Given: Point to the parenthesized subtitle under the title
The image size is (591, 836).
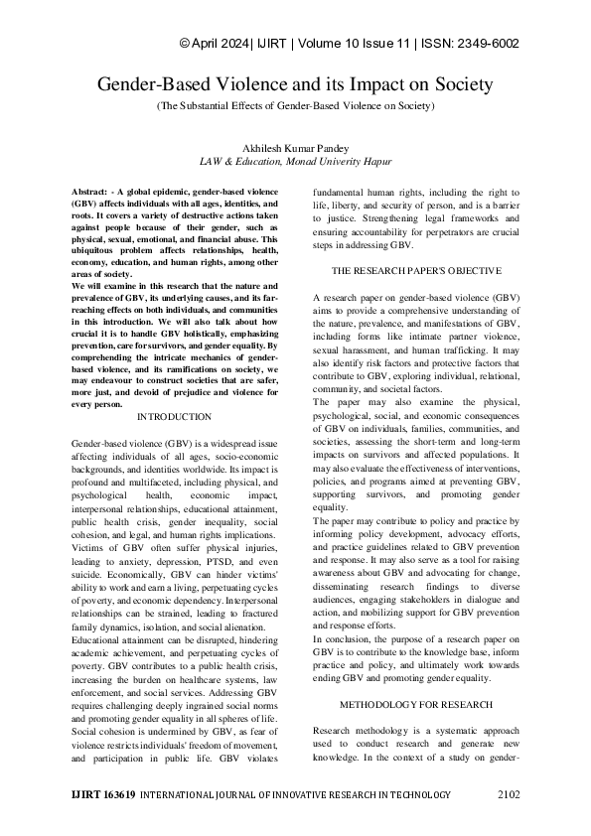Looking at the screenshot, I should [x=295, y=104].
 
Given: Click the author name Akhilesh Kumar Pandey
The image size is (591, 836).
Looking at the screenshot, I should [x=295, y=146].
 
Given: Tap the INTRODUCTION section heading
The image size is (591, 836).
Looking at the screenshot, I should [x=174, y=417].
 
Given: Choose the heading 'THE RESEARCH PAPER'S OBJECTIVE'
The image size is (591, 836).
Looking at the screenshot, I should [x=416, y=270].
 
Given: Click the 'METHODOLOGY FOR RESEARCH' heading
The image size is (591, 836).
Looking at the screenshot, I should [x=416, y=676].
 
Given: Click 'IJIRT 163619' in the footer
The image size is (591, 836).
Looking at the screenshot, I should [x=104, y=794].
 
